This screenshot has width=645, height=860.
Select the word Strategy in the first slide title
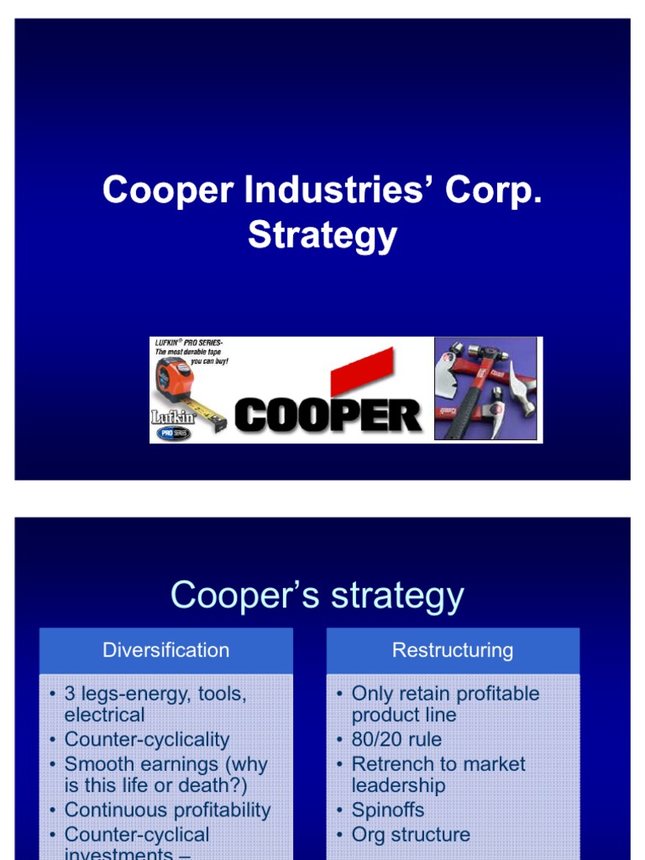[322, 235]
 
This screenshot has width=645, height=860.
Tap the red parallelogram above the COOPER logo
[362, 370]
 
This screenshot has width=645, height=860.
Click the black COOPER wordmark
[328, 415]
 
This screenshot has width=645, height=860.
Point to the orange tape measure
[176, 383]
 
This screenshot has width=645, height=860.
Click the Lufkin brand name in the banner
[171, 416]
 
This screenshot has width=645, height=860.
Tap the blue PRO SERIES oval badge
[173, 433]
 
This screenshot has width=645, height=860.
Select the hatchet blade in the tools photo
[449, 375]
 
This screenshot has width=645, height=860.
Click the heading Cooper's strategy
[317, 595]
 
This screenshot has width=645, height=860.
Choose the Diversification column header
[165, 650]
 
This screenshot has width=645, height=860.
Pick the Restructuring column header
[453, 650]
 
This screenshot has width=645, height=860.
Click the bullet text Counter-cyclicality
[146, 739]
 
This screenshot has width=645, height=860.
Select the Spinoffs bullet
[387, 810]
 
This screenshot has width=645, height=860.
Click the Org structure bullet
[411, 834]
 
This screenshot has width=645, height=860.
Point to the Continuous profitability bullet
[167, 810]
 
